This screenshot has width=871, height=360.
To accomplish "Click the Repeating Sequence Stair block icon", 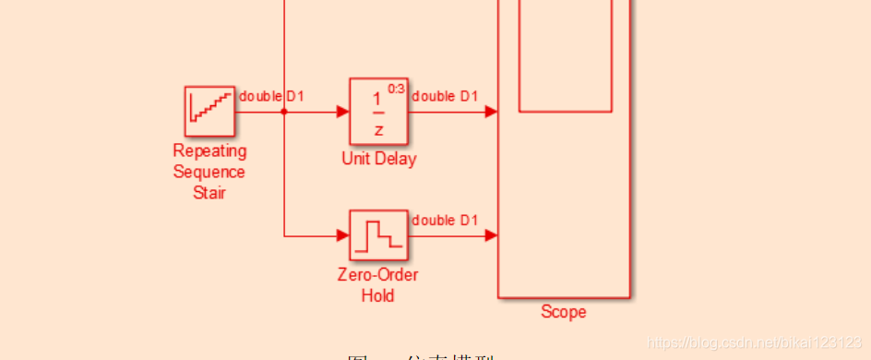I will click(x=209, y=111).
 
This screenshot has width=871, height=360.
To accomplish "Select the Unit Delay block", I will click(x=378, y=112).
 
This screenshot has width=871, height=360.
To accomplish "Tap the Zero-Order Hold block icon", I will click(x=378, y=235).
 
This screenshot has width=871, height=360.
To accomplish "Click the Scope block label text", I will click(x=563, y=312).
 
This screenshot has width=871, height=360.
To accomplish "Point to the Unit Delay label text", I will click(x=378, y=159).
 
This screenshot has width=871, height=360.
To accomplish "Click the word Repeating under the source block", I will click(x=209, y=150).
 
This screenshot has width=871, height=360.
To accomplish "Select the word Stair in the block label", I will click(x=209, y=192).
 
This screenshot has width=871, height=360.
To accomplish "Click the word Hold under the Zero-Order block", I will click(x=378, y=295).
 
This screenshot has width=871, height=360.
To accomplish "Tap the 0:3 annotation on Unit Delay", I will click(x=397, y=89).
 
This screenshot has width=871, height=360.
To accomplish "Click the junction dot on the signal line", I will click(x=284, y=112).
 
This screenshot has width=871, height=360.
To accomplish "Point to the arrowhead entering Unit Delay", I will click(x=342, y=112).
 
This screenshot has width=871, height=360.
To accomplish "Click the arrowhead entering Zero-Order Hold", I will click(x=342, y=235).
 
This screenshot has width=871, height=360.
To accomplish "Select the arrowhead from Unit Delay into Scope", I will click(x=492, y=112).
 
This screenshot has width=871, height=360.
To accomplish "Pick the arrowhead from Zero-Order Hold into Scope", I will click(x=492, y=235).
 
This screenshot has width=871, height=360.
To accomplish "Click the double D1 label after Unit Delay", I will click(x=445, y=96).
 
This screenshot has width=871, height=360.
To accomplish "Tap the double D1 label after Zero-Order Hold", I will click(x=445, y=220).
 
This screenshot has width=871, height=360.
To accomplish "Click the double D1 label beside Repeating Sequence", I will click(x=271, y=96).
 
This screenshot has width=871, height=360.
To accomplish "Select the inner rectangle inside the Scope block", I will click(x=565, y=55).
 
